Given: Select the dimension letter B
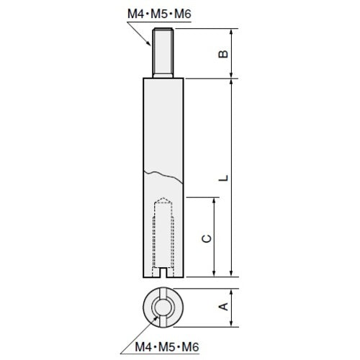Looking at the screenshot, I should point(224,53).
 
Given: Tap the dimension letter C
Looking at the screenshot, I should point(206,238).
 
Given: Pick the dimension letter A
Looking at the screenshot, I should point(224,307).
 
